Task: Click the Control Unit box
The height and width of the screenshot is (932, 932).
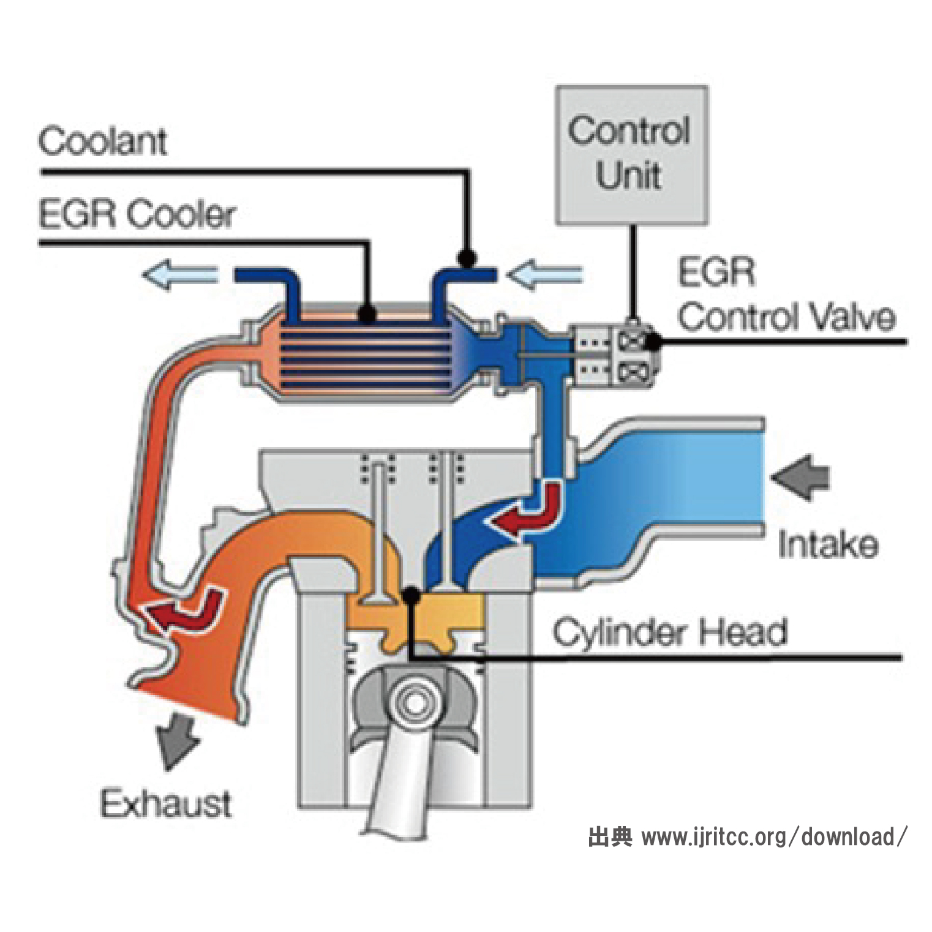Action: pos(631,155)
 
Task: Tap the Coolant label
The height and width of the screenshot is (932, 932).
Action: pos(102,141)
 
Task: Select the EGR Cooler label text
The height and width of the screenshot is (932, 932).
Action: pos(137,214)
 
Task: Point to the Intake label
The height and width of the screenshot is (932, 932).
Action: pos(827,545)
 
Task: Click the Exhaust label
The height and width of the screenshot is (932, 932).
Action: pos(165,803)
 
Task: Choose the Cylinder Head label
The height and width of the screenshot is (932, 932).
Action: pos(669,632)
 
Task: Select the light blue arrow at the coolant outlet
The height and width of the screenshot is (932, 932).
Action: pos(179,275)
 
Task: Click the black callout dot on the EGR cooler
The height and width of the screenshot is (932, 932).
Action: pos(367,314)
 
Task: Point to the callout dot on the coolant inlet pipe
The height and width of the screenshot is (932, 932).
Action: pos(467,258)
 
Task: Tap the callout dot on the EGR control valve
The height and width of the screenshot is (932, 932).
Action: pos(653,342)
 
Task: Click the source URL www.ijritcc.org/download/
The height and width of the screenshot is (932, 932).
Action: pos(773,836)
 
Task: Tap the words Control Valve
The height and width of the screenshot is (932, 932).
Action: pos(786,317)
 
